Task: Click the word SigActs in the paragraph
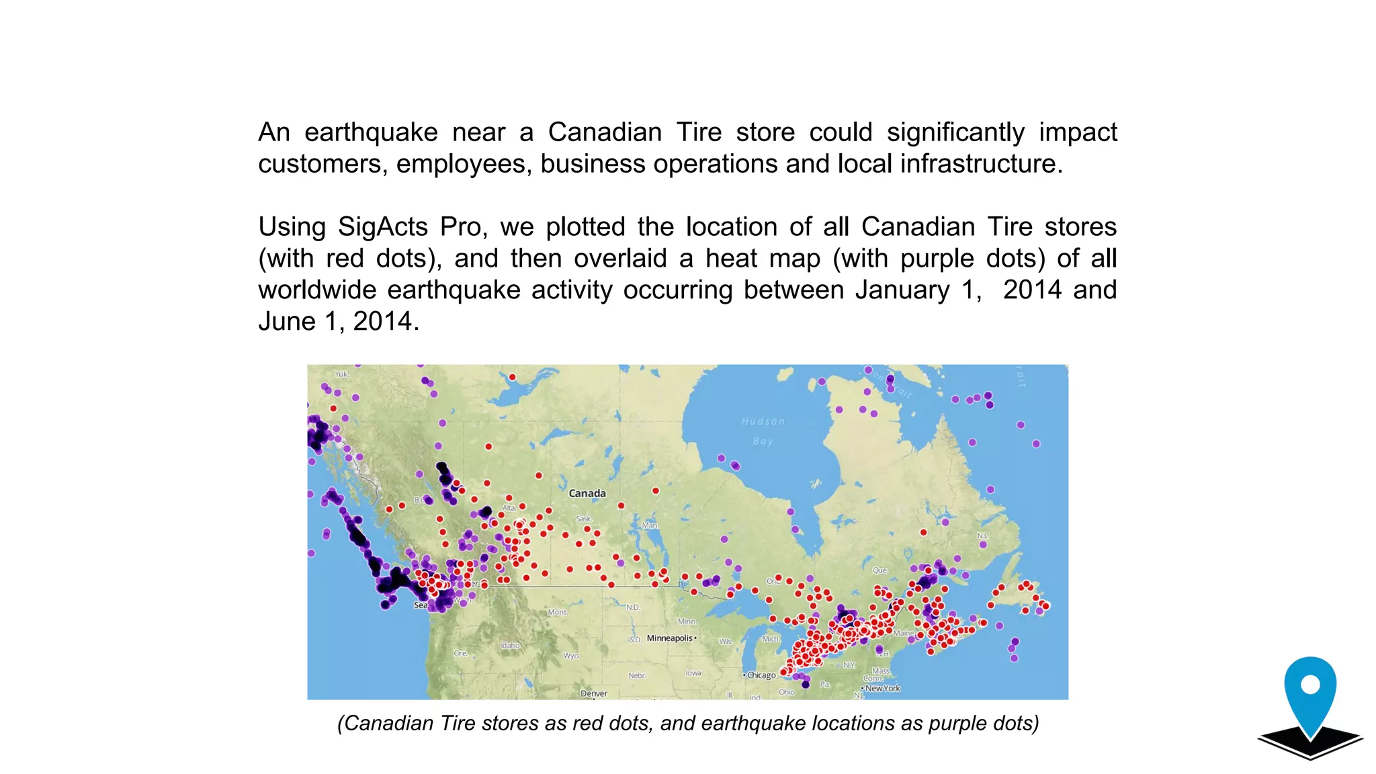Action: [382, 227]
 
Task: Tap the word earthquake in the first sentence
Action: [371, 132]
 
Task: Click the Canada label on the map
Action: [587, 493]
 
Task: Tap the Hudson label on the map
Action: [763, 421]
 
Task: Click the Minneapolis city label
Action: [669, 638]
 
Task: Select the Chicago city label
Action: [761, 675]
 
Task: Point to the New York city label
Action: [882, 688]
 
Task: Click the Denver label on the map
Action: [594, 693]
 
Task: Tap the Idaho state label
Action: [510, 645]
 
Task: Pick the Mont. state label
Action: [558, 612]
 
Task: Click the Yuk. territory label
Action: [341, 374]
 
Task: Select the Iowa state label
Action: [693, 673]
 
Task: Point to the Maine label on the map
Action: [904, 633]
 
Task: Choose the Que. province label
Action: [880, 570]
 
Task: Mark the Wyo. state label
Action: [571, 655]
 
